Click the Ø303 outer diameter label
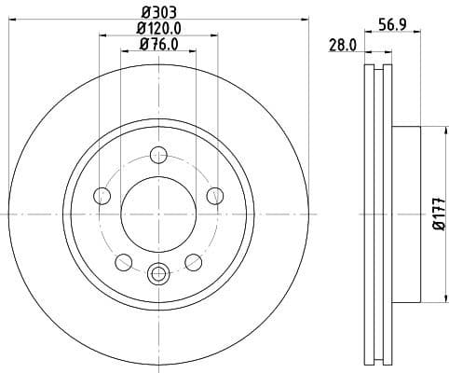157,12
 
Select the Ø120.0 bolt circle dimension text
157,28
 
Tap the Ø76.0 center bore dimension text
157,44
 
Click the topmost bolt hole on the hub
157,155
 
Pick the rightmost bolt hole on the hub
214,196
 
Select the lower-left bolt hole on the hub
122,262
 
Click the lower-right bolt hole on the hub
193,262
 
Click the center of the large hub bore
157,215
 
